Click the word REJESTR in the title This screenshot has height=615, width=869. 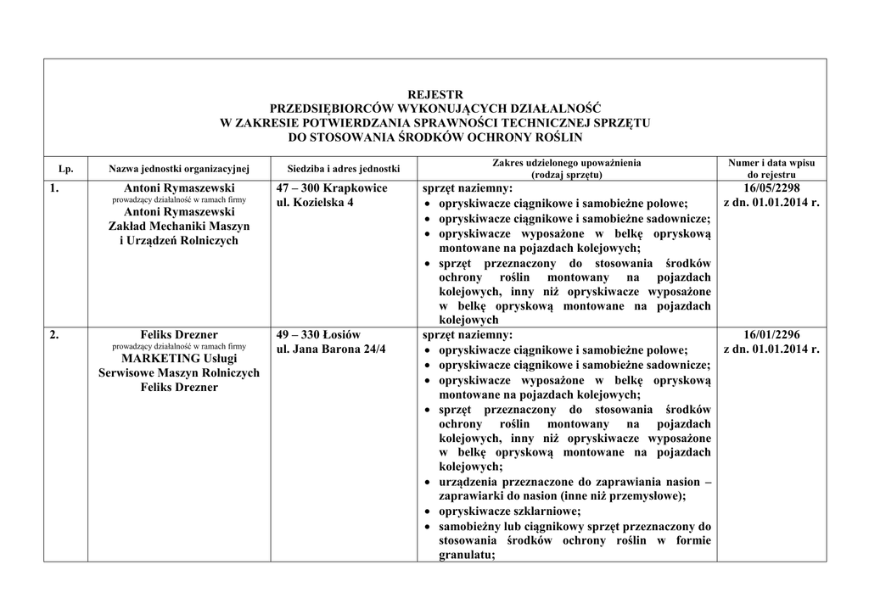point(435,94)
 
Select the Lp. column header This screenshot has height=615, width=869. point(65,169)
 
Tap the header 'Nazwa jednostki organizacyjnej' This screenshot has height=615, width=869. point(179,169)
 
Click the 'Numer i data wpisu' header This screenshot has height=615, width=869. point(771,162)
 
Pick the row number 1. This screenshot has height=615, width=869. point(54,187)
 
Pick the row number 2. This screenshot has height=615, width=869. point(54,334)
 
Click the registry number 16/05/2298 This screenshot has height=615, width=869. point(771,187)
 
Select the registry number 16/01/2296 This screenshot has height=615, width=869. point(771,334)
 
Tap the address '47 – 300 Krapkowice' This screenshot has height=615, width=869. point(332,187)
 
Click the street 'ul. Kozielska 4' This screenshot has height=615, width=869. point(316,203)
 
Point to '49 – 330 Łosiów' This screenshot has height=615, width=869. point(318,334)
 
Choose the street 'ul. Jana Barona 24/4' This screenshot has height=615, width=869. point(330,349)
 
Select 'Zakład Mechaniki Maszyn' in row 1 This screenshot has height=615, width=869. point(179,226)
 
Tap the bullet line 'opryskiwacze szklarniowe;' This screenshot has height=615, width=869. point(509,511)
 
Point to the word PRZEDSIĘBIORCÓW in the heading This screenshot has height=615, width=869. point(332,108)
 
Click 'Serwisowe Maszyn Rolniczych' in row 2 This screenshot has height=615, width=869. point(179,372)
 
